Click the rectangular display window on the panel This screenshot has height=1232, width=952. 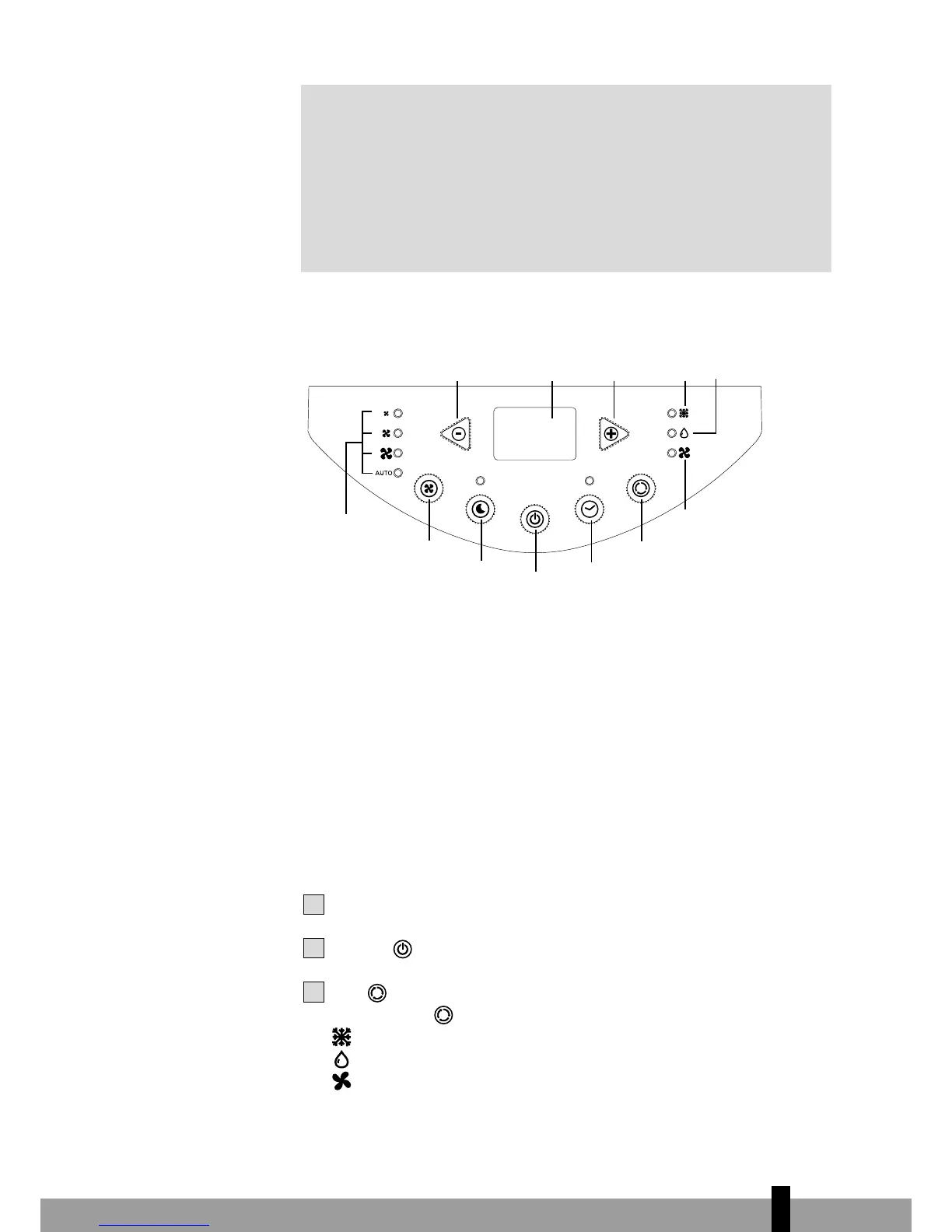pos(535,433)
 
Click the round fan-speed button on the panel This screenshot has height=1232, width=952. pos(429,488)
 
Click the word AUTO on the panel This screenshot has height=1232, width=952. pos(383,473)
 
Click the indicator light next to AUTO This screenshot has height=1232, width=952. pos(398,473)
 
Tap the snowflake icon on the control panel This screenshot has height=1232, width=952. pos(684,414)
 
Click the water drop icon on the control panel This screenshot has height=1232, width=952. pos(684,433)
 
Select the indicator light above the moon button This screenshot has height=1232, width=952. pos(480,480)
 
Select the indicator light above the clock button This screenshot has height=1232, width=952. pos(589,480)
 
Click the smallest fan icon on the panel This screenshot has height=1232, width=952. pos(386,414)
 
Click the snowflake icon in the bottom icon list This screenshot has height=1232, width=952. pos(341,1037)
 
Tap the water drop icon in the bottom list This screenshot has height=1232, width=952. pos(341,1059)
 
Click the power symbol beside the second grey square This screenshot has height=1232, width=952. pos(403,949)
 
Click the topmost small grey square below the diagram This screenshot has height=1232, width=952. pos(313,904)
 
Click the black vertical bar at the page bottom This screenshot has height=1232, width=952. pos(781,1209)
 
